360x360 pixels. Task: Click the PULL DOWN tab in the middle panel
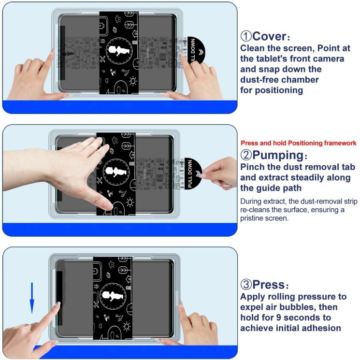point(192,173)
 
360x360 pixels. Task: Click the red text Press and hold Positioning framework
point(298,143)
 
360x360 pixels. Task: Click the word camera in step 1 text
point(328,58)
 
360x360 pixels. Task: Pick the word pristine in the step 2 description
point(255,218)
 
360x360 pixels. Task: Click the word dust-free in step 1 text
point(260,79)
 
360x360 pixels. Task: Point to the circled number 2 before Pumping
point(245,156)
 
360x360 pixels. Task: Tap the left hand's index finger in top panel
point(50,56)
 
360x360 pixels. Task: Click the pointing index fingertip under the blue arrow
point(57,305)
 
